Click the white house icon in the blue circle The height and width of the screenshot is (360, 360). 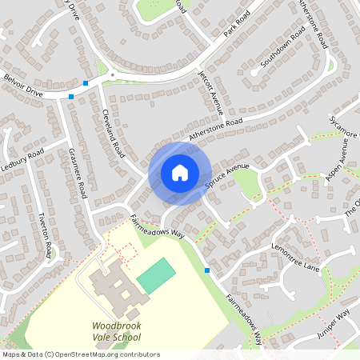180,173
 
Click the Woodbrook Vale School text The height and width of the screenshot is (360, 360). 117,332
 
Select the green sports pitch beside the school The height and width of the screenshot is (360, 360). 155,274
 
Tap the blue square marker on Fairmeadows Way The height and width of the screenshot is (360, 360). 207,270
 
